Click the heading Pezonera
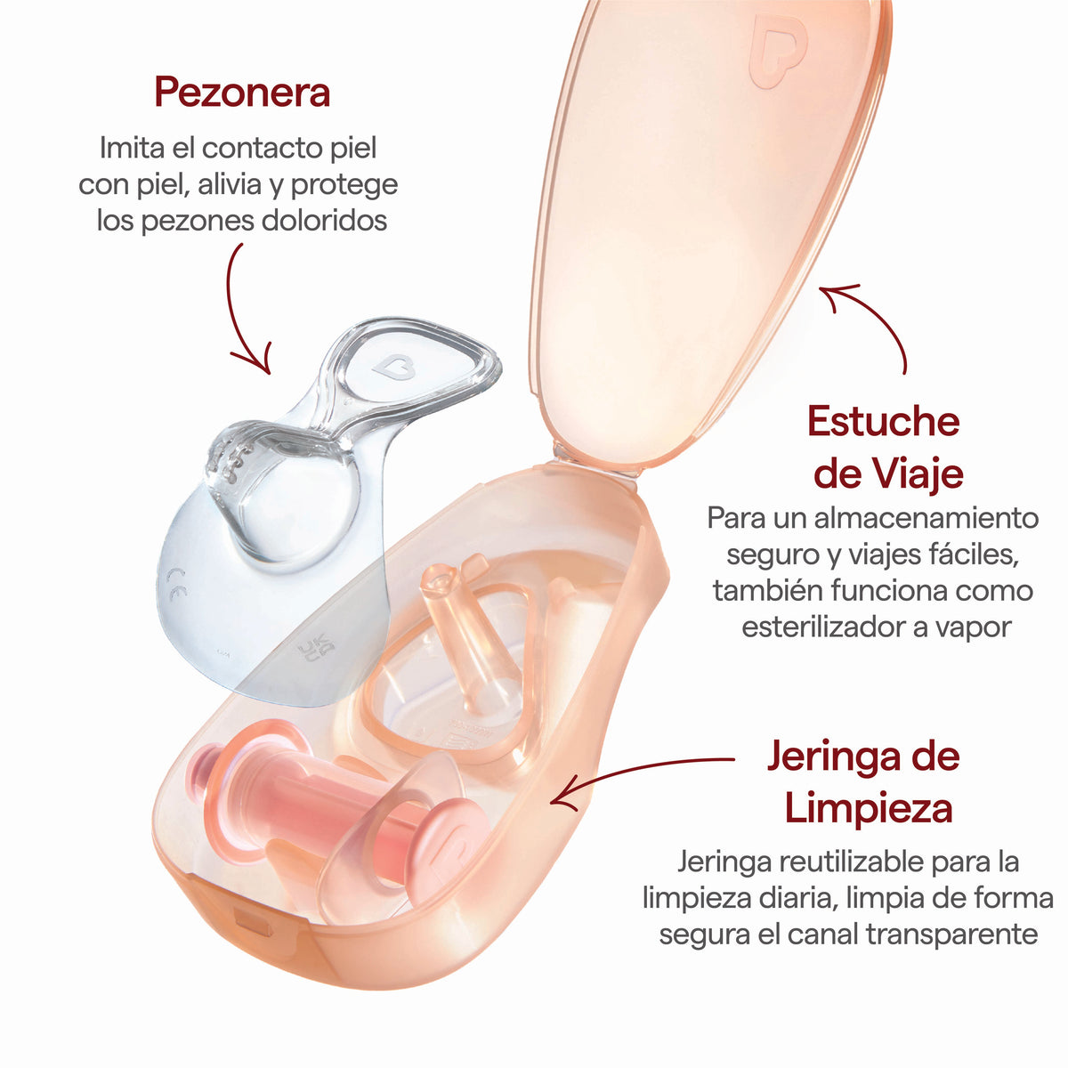[x=242, y=93]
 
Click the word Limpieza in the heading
[x=869, y=810]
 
